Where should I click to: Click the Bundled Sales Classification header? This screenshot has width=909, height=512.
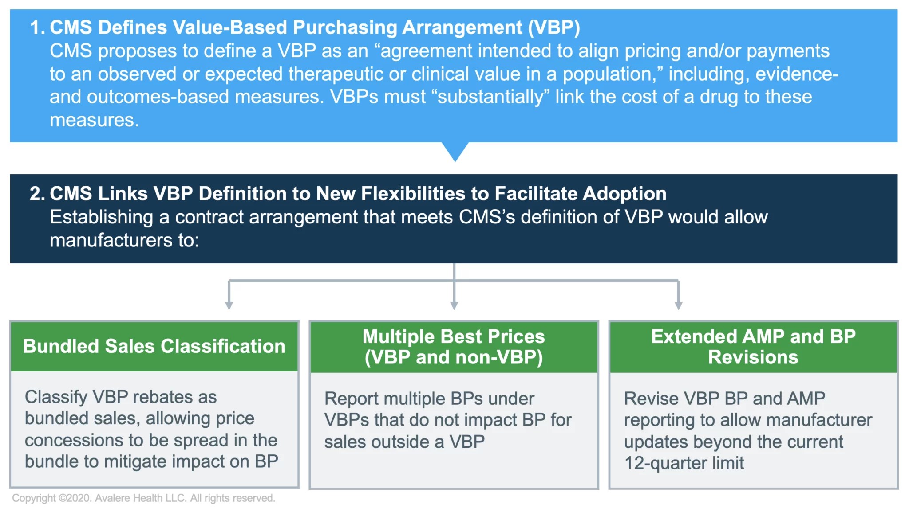pyautogui.click(x=154, y=346)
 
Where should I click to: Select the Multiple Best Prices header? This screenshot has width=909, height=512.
pyautogui.click(x=454, y=337)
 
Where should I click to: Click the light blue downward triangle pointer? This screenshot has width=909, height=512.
pyautogui.click(x=455, y=151)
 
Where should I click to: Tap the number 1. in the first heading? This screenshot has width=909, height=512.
pyautogui.click(x=37, y=27)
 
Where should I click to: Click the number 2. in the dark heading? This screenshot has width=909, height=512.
pyautogui.click(x=37, y=194)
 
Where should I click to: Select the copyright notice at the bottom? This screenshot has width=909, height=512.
pyautogui.click(x=143, y=498)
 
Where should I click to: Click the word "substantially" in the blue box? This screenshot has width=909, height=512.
pyautogui.click(x=490, y=97)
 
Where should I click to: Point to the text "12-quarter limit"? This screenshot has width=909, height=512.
pyautogui.click(x=684, y=463)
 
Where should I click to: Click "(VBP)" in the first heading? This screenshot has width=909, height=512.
pyautogui.click(x=553, y=27)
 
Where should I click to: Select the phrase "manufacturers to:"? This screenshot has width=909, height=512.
pyautogui.click(x=124, y=240)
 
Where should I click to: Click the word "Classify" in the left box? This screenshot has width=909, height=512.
pyautogui.click(x=56, y=397)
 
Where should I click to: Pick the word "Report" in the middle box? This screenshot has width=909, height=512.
pyautogui.click(x=351, y=399)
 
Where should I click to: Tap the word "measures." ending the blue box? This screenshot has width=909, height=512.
pyautogui.click(x=94, y=120)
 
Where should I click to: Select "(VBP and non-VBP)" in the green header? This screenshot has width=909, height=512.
pyautogui.click(x=454, y=357)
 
